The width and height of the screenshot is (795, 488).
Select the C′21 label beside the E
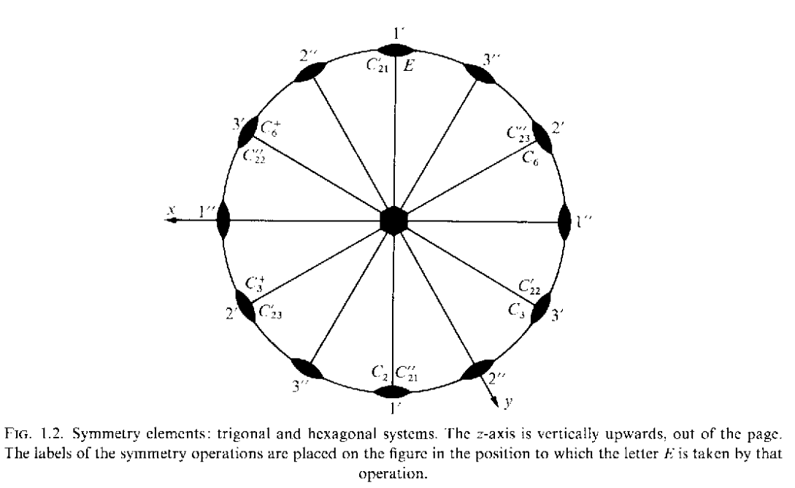click(377, 66)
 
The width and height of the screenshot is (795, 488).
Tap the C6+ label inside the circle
click(269, 129)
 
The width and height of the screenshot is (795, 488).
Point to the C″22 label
click(254, 155)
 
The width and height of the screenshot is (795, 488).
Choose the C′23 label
click(270, 312)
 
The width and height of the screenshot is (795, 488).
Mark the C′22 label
click(529, 286)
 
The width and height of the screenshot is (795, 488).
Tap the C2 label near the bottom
click(380, 373)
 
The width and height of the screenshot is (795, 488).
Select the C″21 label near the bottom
click(407, 373)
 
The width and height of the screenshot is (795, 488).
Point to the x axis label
click(172, 210)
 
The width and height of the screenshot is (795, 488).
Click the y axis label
click(509, 403)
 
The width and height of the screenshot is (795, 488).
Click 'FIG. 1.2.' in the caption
click(35, 434)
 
